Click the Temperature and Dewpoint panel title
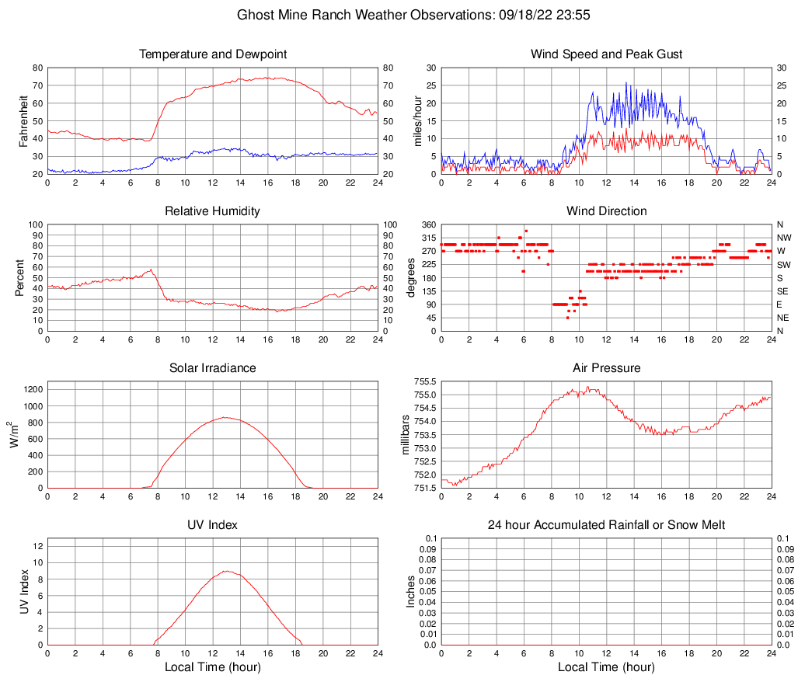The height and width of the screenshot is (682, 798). [212, 54]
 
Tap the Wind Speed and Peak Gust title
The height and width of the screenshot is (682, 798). [606, 54]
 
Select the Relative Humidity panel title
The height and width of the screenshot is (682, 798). [212, 211]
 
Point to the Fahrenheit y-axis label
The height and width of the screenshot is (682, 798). [23, 120]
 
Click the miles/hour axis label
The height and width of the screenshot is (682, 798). [417, 120]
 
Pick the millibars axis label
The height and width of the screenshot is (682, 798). [405, 435]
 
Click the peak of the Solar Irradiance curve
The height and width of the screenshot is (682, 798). [225, 417]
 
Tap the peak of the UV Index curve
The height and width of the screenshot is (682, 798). [225, 571]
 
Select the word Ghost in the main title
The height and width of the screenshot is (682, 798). [256, 15]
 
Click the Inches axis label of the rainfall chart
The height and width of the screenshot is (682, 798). [412, 591]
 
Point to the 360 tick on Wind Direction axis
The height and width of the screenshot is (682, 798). [427, 224]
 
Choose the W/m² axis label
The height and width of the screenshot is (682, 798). [14, 435]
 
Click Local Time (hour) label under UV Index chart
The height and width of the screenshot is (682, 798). [212, 667]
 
